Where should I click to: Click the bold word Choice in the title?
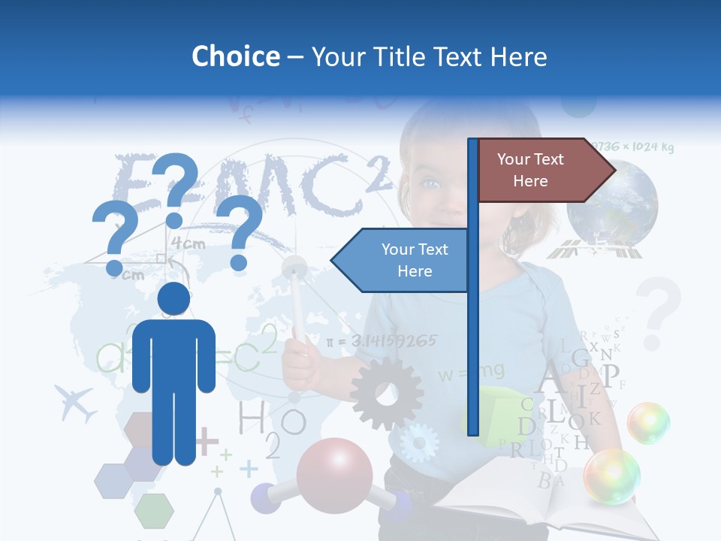pyautogui.click(x=235, y=56)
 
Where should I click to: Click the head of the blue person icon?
pyautogui.click(x=173, y=299)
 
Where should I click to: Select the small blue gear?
pyautogui.click(x=418, y=443)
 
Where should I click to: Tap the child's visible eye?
pyautogui.click(x=430, y=183)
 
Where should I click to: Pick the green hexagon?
pyautogui.click(x=154, y=510)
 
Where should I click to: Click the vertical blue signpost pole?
pyautogui.click(x=472, y=286)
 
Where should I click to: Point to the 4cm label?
pyautogui.click(x=188, y=243)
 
